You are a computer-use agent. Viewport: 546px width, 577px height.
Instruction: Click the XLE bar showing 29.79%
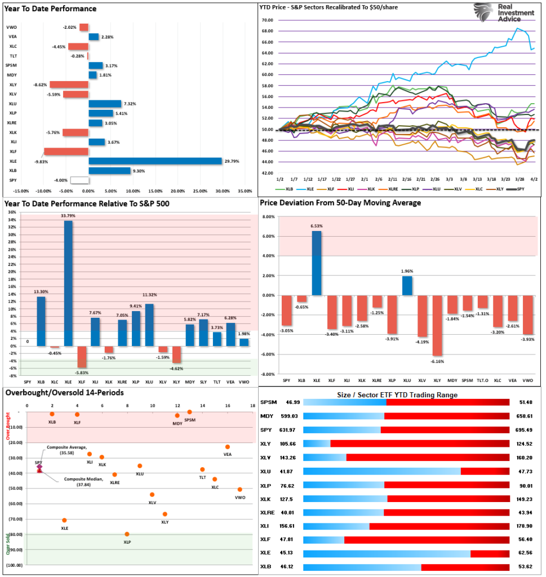pyautogui.click(x=155, y=161)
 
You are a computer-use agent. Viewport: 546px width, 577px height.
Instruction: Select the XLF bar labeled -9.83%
pyautogui.click(x=66, y=152)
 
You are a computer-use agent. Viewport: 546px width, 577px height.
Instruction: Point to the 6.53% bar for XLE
pyautogui.click(x=317, y=263)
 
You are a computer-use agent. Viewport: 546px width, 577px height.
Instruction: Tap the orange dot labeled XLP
pyautogui.click(x=127, y=534)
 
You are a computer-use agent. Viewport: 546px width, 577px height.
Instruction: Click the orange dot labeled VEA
pyautogui.click(x=228, y=447)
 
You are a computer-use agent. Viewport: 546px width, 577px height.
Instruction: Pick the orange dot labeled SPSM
pyautogui.click(x=190, y=412)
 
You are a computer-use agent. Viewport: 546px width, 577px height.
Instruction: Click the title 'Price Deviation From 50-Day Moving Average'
pyautogui.click(x=340, y=203)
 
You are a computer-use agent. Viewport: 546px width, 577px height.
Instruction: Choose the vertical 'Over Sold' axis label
pyautogui.click(x=8, y=543)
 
